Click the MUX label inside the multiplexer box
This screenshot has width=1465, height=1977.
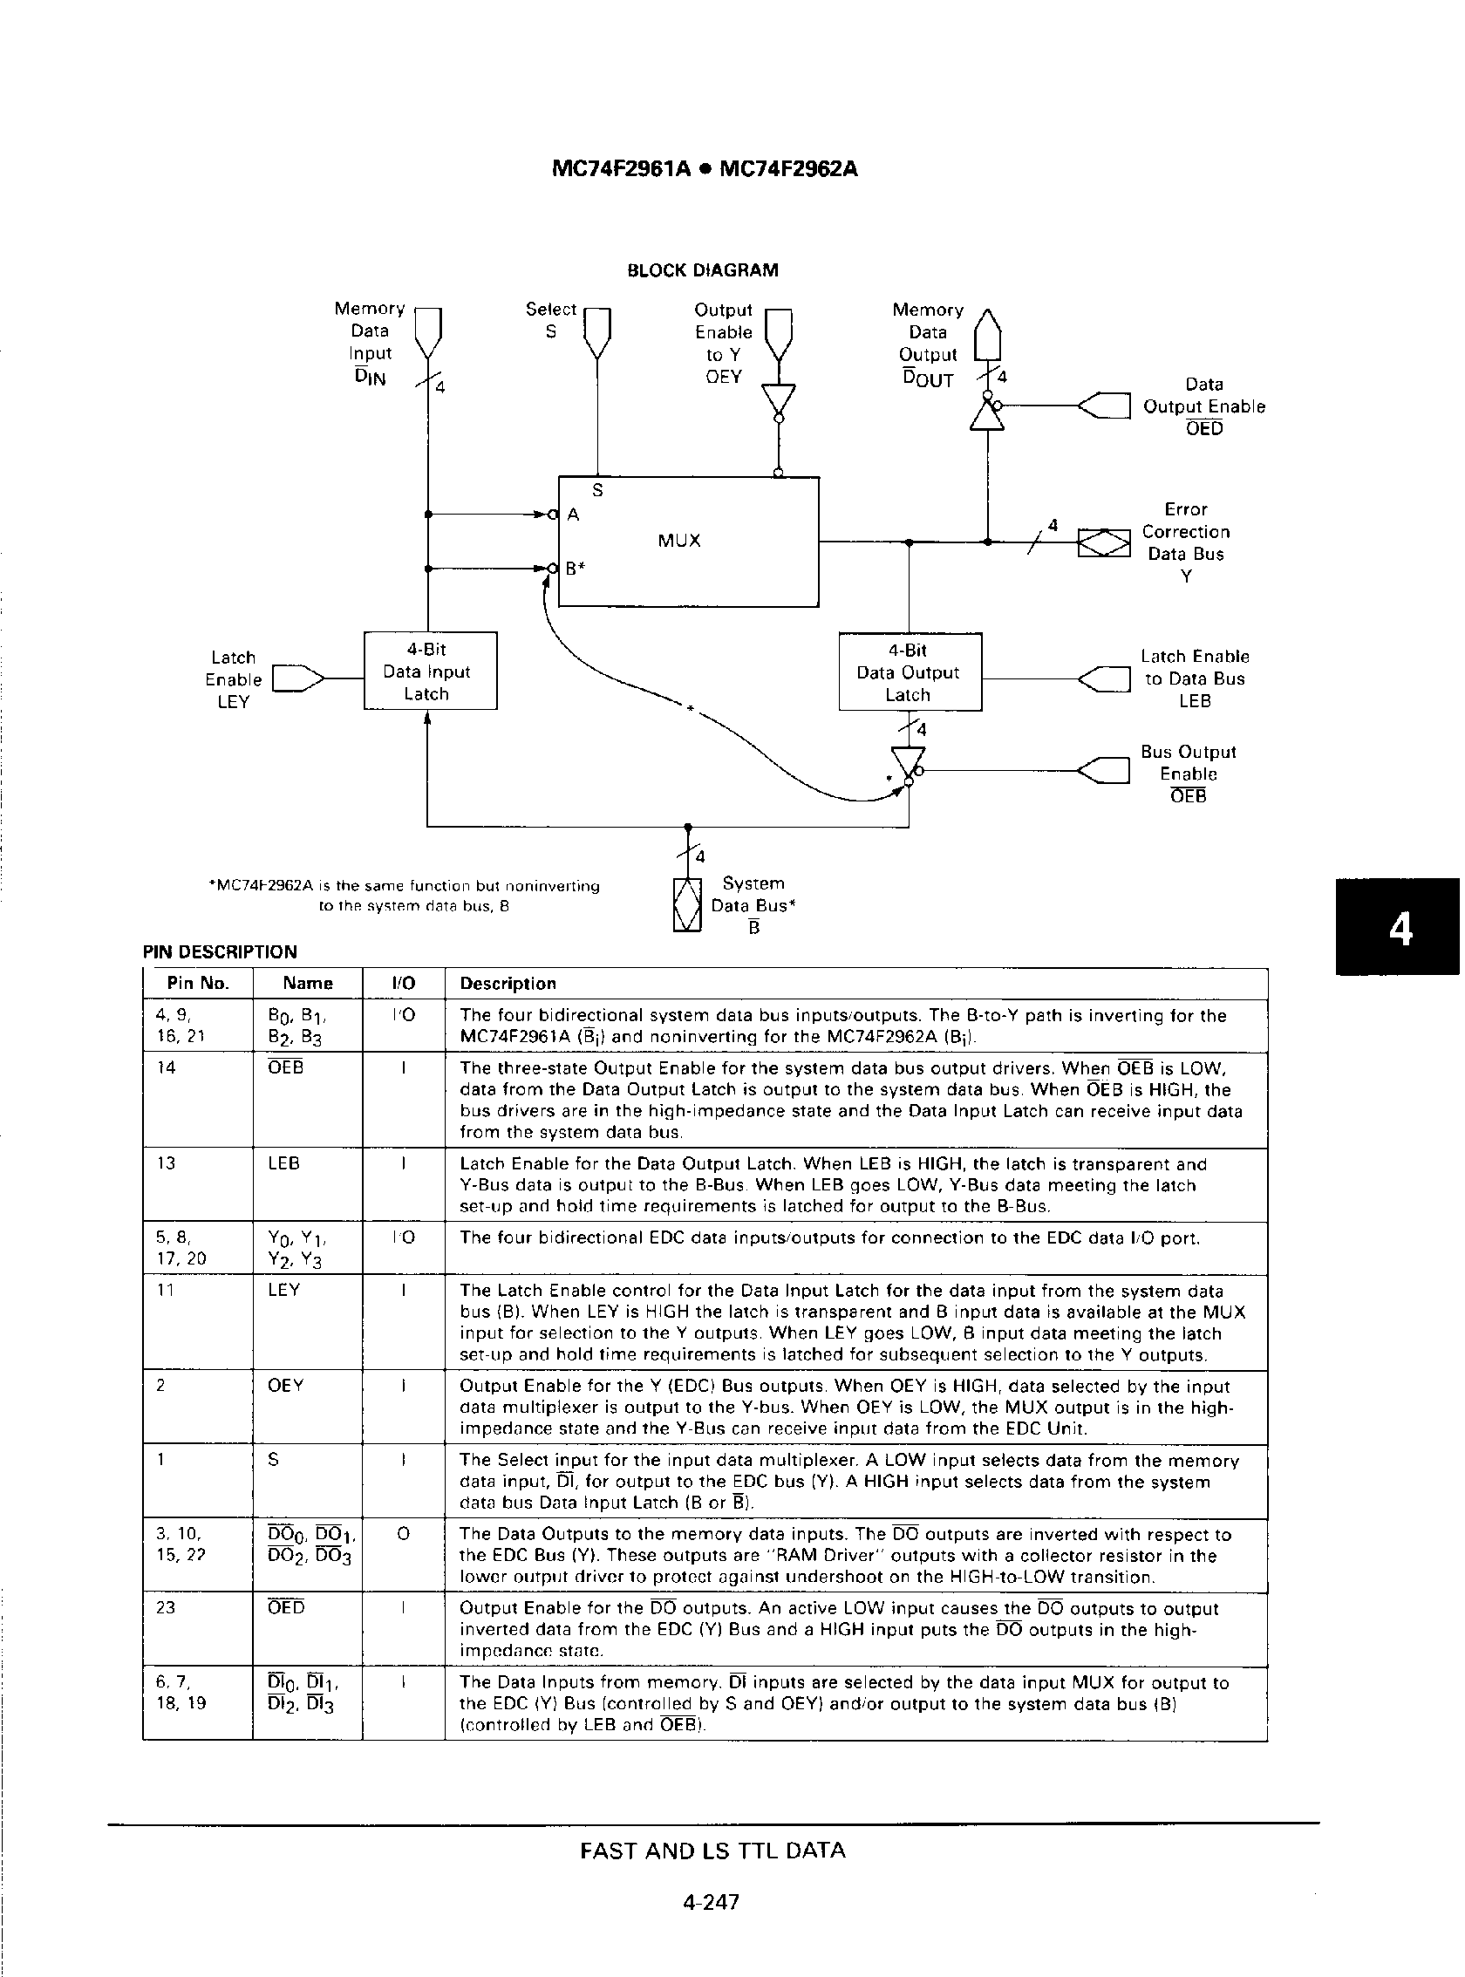point(679,540)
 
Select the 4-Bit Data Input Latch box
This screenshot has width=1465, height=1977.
point(430,671)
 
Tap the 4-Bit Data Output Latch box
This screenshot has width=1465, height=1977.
point(910,672)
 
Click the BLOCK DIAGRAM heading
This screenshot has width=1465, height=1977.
point(702,270)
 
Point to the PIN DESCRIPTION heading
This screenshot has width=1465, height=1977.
point(220,951)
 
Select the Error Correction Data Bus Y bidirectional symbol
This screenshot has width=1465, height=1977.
point(1104,542)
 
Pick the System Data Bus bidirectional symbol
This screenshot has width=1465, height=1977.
point(687,904)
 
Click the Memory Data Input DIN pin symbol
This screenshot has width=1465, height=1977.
point(428,330)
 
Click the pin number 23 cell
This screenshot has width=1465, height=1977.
point(166,1608)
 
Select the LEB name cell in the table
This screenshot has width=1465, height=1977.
point(283,1163)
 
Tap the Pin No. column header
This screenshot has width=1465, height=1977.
point(198,983)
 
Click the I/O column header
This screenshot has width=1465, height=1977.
point(404,983)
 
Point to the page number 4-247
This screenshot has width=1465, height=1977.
point(712,1902)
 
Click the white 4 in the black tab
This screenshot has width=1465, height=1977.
point(1400,929)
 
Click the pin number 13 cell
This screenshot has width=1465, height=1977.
point(166,1163)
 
